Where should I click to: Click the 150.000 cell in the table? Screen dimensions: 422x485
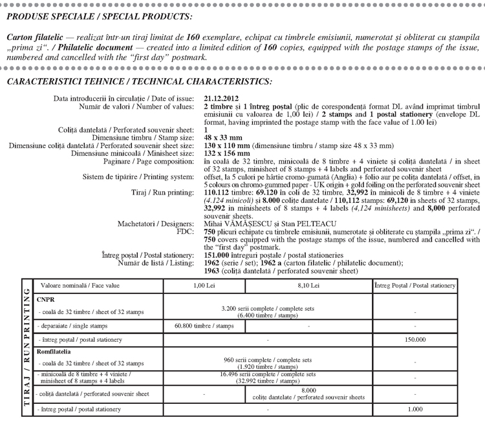pyautogui.click(x=415, y=339)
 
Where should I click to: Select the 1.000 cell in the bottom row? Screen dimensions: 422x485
pyautogui.click(x=415, y=409)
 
